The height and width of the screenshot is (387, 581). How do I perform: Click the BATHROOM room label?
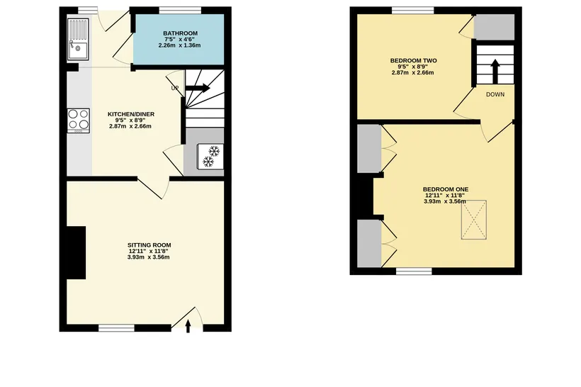point(180,33)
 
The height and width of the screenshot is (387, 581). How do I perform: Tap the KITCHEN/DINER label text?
point(131,114)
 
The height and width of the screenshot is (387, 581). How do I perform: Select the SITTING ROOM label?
point(150,245)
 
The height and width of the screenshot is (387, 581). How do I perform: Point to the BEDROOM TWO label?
point(414,60)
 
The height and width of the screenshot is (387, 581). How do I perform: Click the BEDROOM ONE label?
point(446,189)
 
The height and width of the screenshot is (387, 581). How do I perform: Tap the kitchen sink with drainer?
point(78,39)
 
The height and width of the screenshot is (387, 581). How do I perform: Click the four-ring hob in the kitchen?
point(79,120)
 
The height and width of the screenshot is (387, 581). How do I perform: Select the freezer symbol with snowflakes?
point(210,156)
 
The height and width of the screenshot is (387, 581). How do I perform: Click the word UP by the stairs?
point(175,88)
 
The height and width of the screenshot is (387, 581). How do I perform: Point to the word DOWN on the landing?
point(495,94)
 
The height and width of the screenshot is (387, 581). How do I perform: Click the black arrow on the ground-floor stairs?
point(198,88)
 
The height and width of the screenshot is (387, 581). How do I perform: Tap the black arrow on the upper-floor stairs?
point(495,71)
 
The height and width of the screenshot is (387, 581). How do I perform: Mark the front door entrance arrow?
point(188,326)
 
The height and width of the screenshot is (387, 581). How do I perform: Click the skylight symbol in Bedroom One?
point(474,220)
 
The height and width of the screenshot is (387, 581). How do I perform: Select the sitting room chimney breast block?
point(76,252)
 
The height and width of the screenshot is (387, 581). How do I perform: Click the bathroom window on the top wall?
point(181,10)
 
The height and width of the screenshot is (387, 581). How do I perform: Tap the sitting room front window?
point(116,327)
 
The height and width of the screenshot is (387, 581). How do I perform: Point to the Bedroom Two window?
point(413,10)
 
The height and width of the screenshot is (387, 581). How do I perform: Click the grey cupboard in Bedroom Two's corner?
point(495,27)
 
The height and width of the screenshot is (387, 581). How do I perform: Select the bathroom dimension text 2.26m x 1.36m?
point(180,45)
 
